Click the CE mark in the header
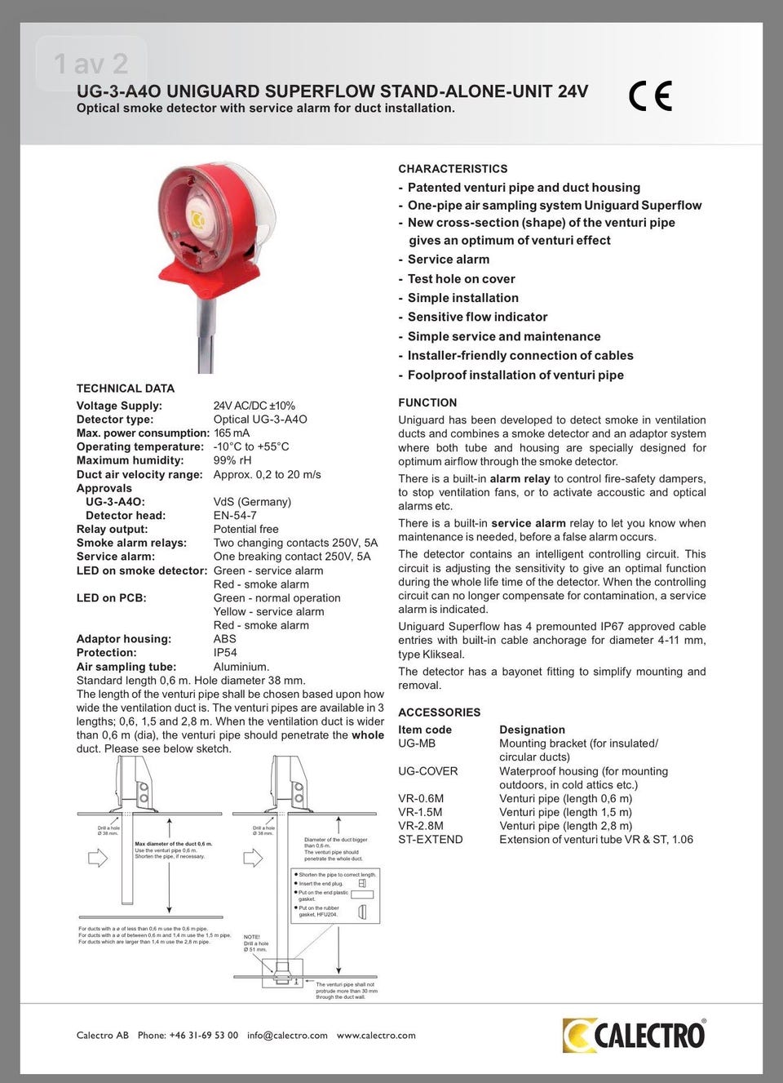pyautogui.click(x=651, y=96)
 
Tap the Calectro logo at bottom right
pyautogui.click(x=634, y=1035)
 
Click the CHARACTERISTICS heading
pyautogui.click(x=453, y=169)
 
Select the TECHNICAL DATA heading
pyautogui.click(x=126, y=388)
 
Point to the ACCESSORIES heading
pyautogui.click(x=439, y=712)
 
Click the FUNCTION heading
pyautogui.click(x=427, y=402)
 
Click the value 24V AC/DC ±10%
pyautogui.click(x=254, y=406)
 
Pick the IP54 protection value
pyautogui.click(x=225, y=653)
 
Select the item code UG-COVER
pyautogui.click(x=428, y=771)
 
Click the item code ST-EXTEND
pyautogui.click(x=430, y=839)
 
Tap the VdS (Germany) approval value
pyautogui.click(x=252, y=502)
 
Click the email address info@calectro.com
pyautogui.click(x=287, y=1036)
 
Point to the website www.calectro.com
pyautogui.click(x=376, y=1036)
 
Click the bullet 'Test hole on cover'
pyautogui.click(x=461, y=278)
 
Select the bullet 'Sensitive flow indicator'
pyautogui.click(x=477, y=317)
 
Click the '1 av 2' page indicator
pyautogui.click(x=91, y=64)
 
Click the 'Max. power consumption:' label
pyautogui.click(x=143, y=433)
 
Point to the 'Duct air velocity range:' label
pyautogui.click(x=139, y=474)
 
